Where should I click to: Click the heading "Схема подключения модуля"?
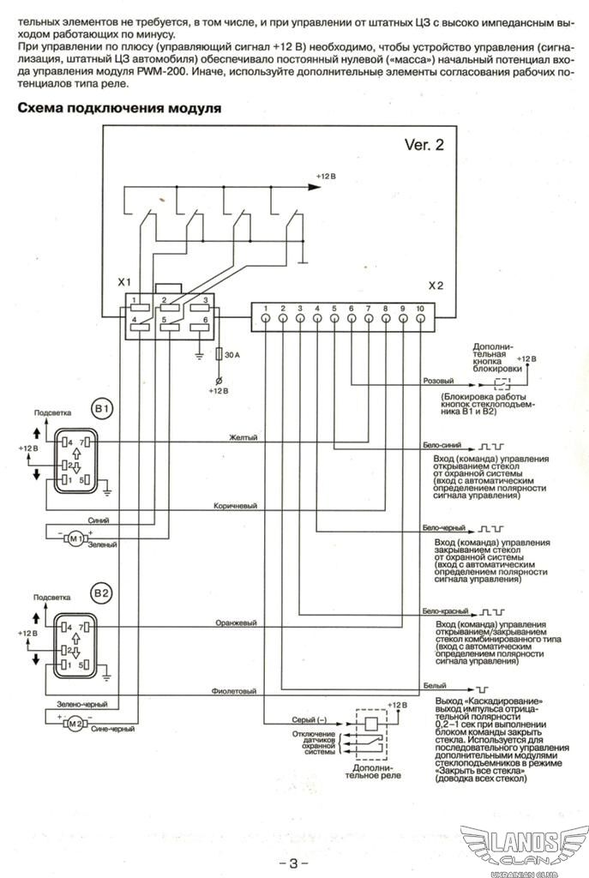(119, 108)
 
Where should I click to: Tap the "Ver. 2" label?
(424, 144)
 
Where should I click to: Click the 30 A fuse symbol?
(219, 354)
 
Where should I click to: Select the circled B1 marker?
(101, 409)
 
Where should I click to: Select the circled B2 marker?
(101, 592)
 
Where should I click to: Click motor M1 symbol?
(75, 538)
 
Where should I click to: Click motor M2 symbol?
(75, 724)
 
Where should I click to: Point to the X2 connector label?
(436, 286)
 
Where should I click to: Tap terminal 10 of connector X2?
(420, 318)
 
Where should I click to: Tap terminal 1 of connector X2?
(266, 318)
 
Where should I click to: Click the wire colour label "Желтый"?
(243, 437)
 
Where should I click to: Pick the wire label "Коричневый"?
(235, 506)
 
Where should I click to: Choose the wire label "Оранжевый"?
(236, 622)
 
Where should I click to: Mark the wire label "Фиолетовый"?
(233, 691)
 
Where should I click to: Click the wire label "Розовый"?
(438, 381)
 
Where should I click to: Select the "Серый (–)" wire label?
(309, 719)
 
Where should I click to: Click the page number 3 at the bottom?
(294, 863)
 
